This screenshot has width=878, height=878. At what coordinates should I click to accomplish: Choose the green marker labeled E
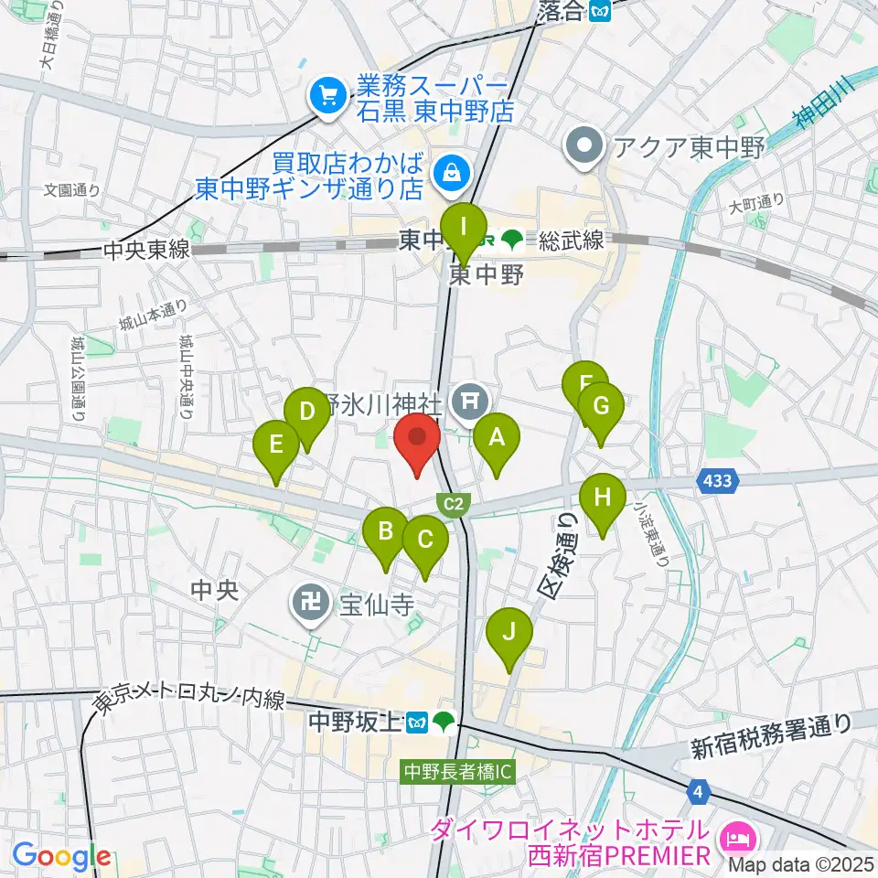(275, 445)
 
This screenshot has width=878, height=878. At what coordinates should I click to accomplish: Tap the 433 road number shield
(718, 479)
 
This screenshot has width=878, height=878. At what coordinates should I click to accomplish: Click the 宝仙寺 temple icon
(307, 602)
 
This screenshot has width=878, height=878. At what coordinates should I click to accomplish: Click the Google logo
(62, 857)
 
